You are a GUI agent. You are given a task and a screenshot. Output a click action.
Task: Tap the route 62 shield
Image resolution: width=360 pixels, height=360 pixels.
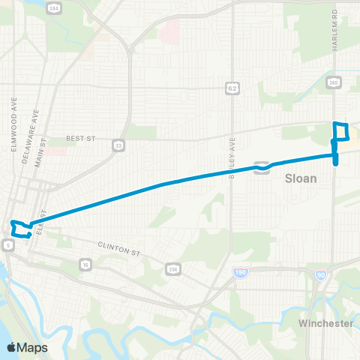(x=233, y=88)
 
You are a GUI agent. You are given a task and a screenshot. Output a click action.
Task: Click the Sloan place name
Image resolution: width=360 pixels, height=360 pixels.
(x=301, y=179)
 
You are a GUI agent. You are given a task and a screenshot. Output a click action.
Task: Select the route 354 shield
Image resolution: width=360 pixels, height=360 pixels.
(x=172, y=269)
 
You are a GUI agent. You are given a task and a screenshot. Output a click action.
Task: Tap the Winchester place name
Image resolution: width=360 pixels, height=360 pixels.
(x=325, y=323)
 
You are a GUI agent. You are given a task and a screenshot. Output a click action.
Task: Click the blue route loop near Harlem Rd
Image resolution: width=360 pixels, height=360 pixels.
(x=341, y=131)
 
